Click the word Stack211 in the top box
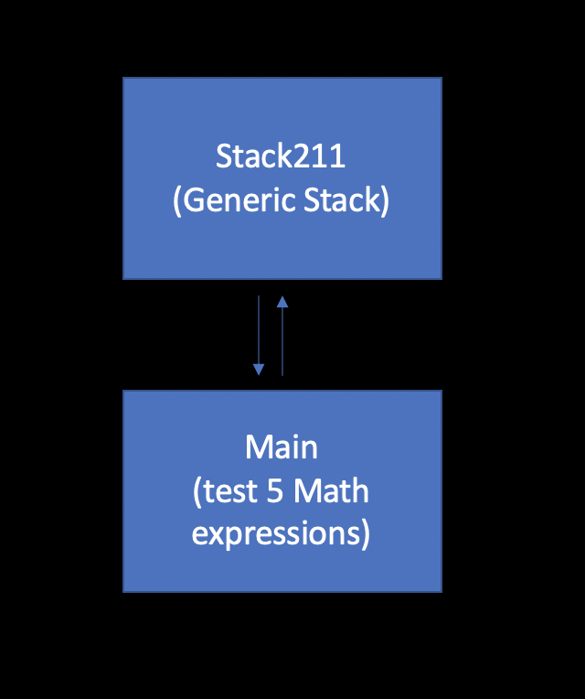281,156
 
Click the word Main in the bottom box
282,448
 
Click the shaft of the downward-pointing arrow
259,329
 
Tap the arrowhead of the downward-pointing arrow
259,370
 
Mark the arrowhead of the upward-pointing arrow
282,301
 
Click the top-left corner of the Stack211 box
124,79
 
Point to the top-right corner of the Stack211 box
441,79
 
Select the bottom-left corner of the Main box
124,591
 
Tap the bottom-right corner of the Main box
441,591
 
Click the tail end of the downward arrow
259,296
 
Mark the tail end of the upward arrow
282,375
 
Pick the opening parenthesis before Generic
178,201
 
